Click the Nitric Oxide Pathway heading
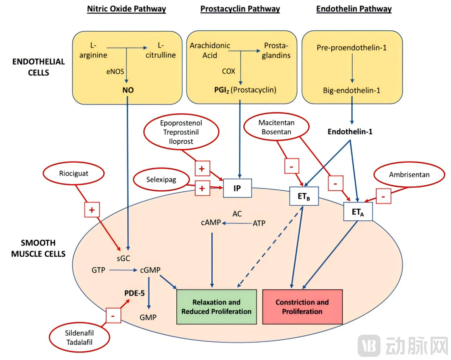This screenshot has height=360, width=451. click(127, 9)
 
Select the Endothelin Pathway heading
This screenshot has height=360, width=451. click(354, 9)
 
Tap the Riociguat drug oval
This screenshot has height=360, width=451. click(74, 173)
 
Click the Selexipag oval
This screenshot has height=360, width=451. click(161, 180)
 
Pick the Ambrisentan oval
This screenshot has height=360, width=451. click(409, 175)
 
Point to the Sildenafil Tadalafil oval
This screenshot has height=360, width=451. click(79, 337)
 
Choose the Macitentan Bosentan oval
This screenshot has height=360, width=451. click(276, 127)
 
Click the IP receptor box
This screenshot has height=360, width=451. click(237, 188)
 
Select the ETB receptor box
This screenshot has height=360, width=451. click(304, 196)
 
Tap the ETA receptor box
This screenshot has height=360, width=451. click(358, 212)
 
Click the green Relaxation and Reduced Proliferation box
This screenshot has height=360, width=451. click(216, 307)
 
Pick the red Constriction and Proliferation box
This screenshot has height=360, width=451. click(302, 307)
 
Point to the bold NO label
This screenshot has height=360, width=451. click(128, 90)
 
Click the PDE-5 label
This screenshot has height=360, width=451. click(134, 293)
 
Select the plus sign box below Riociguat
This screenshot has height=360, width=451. click(92, 210)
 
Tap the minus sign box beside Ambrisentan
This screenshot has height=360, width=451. click(383, 197)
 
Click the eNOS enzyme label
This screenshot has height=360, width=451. click(115, 72)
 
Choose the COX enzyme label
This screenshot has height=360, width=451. click(229, 71)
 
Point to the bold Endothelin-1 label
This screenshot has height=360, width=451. click(350, 132)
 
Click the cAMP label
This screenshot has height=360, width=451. click(211, 223)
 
